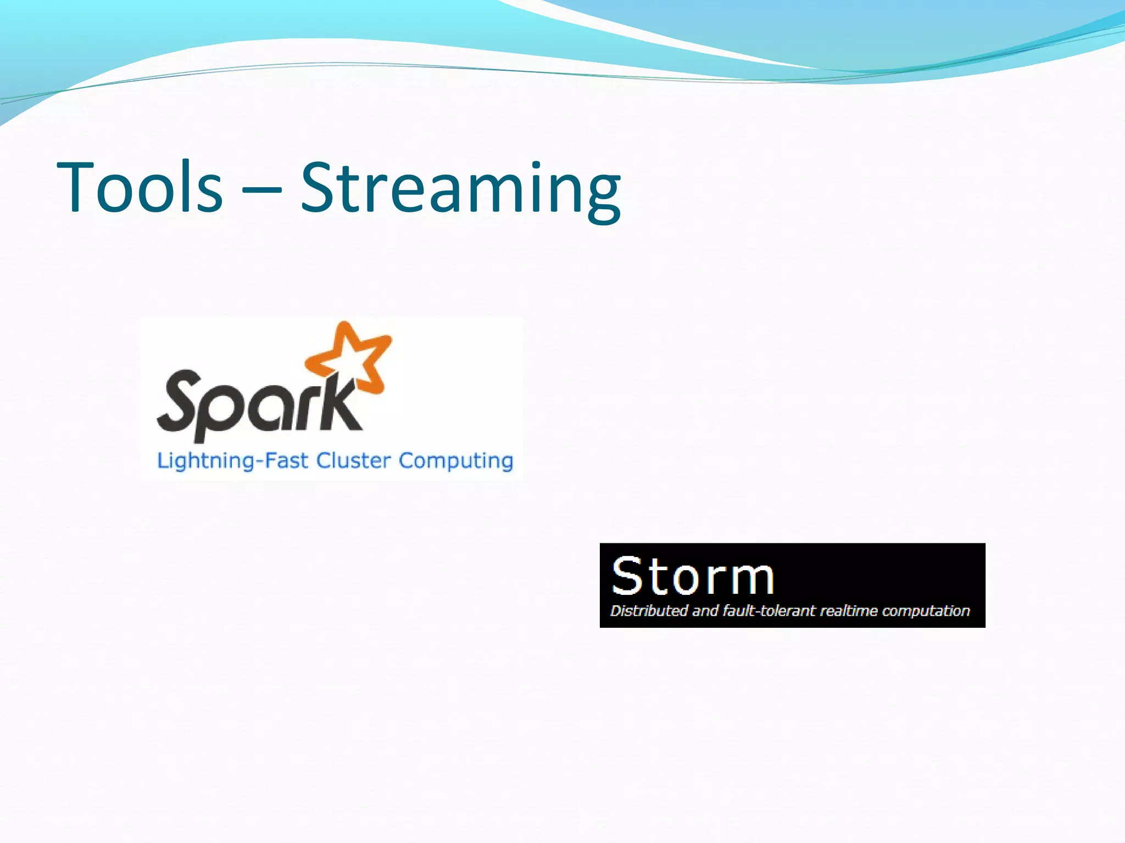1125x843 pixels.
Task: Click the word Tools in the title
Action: (140, 187)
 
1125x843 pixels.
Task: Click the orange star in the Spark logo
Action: (352, 357)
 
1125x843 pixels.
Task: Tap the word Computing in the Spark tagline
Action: (455, 461)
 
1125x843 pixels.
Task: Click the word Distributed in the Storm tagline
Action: (649, 611)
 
